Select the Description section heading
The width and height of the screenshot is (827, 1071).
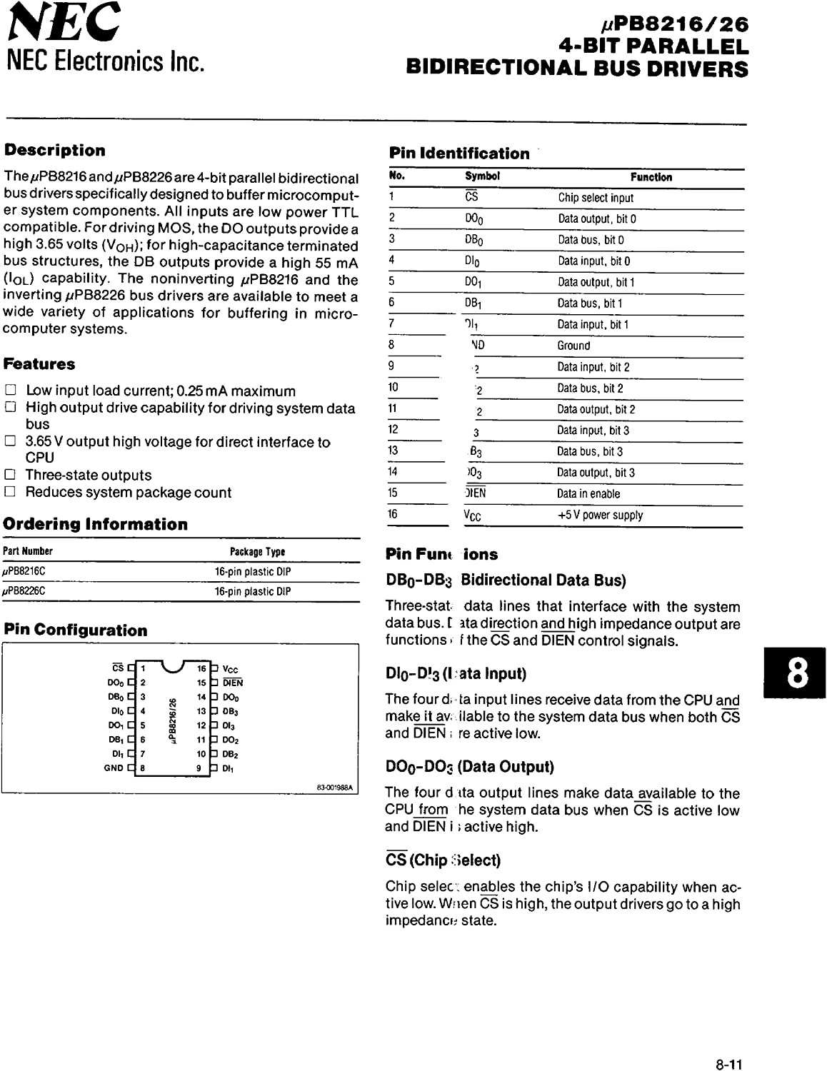pyautogui.click(x=55, y=151)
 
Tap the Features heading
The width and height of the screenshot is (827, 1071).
pyautogui.click(x=39, y=364)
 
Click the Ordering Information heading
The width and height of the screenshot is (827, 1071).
pyautogui.click(x=96, y=524)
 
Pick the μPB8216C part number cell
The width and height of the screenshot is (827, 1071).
pyautogui.click(x=24, y=572)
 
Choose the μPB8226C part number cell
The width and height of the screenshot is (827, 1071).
pyautogui.click(x=24, y=591)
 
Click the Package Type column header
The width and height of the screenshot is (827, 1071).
pyautogui.click(x=257, y=551)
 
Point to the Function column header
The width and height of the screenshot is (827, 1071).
pyautogui.click(x=651, y=177)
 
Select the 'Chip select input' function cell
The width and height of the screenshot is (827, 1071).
pyautogui.click(x=596, y=198)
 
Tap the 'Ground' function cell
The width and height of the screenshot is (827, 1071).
pyautogui.click(x=573, y=346)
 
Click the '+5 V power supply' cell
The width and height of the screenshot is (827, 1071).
pyautogui.click(x=600, y=515)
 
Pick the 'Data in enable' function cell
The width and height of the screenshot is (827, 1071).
pyautogui.click(x=588, y=493)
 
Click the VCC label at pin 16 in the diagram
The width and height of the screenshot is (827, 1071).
pyautogui.click(x=231, y=669)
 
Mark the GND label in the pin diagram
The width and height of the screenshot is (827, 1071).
pyautogui.click(x=114, y=768)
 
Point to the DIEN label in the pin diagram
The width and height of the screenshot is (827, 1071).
pyautogui.click(x=233, y=683)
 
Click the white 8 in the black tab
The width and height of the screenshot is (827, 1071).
pyautogui.click(x=798, y=673)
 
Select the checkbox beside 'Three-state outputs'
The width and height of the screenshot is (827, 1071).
pyautogui.click(x=10, y=475)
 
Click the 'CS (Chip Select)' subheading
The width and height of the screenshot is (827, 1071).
pyautogui.click(x=443, y=860)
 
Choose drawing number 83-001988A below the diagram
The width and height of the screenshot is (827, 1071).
pyautogui.click(x=336, y=788)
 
